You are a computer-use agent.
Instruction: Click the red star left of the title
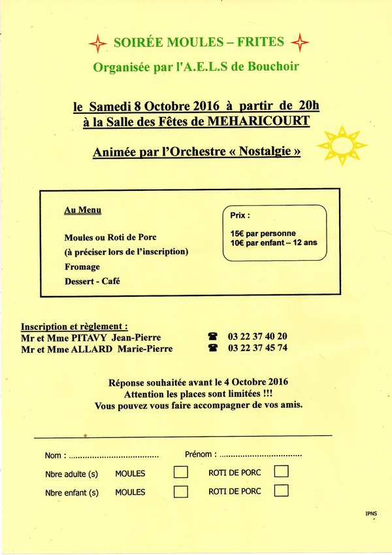pos(97,44)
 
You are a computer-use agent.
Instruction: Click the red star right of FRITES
pos(300,43)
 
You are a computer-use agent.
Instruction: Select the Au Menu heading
pos(82,210)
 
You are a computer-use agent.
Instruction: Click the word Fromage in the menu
pos(82,267)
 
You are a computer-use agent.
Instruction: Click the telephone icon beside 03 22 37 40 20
pos(212,337)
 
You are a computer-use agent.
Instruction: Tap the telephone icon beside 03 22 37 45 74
pos(212,348)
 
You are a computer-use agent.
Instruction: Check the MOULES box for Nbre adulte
pos(181,472)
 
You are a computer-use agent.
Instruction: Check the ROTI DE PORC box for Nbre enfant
pos(281,490)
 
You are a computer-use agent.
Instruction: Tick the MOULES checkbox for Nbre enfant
pos(181,492)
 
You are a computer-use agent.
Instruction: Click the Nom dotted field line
pos(114,456)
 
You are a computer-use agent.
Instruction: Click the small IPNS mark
pos(371,514)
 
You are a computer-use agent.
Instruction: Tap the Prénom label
pos(199,454)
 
